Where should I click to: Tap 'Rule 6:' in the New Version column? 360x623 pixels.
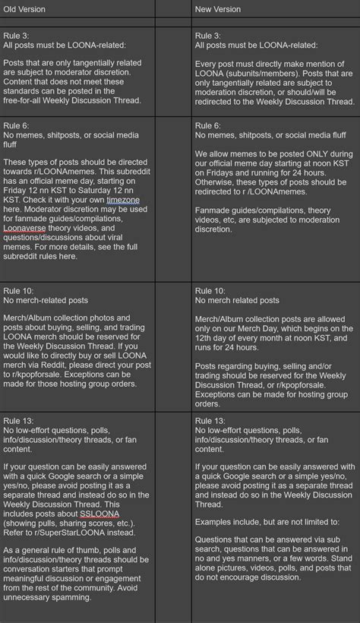pos(209,125)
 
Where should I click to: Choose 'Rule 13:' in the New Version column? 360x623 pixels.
pos(211,420)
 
